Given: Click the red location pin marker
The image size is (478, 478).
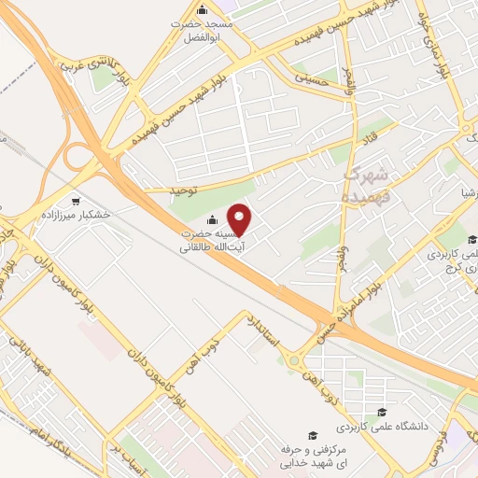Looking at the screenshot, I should (241, 219).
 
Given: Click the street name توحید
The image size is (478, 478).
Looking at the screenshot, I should (185, 191).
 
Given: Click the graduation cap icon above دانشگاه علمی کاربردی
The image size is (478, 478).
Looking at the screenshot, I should (381, 412).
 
